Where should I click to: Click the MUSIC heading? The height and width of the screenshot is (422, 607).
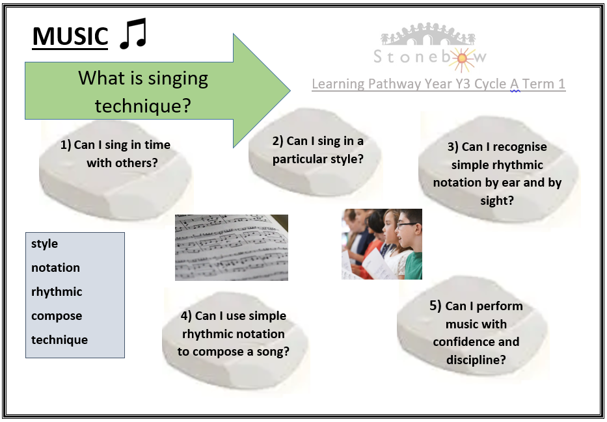coord(70,37)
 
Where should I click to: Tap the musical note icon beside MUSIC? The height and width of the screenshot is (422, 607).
coord(133,34)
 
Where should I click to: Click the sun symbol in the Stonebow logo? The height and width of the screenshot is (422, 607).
coord(462,59)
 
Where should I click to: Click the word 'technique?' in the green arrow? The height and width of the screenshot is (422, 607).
coord(143,105)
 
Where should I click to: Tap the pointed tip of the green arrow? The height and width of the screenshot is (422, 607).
coord(290,90)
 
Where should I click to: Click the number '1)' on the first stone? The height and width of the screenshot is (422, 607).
coord(66,145)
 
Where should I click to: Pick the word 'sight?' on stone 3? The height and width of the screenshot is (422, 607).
coord(496,201)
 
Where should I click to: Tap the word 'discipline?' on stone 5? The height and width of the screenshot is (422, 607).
coord(476,360)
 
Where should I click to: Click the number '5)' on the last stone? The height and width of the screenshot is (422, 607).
coord(435,306)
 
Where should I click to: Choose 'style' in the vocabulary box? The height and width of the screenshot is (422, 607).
coord(44,244)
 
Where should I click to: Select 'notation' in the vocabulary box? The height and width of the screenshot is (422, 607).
coord(55,268)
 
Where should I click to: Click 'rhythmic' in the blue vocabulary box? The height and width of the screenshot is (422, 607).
coord(57,292)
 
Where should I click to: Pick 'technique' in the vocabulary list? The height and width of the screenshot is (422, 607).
coord(59,340)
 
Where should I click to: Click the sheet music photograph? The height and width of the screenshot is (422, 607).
coord(232,248)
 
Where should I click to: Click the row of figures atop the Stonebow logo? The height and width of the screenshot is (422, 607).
coord(428,34)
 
